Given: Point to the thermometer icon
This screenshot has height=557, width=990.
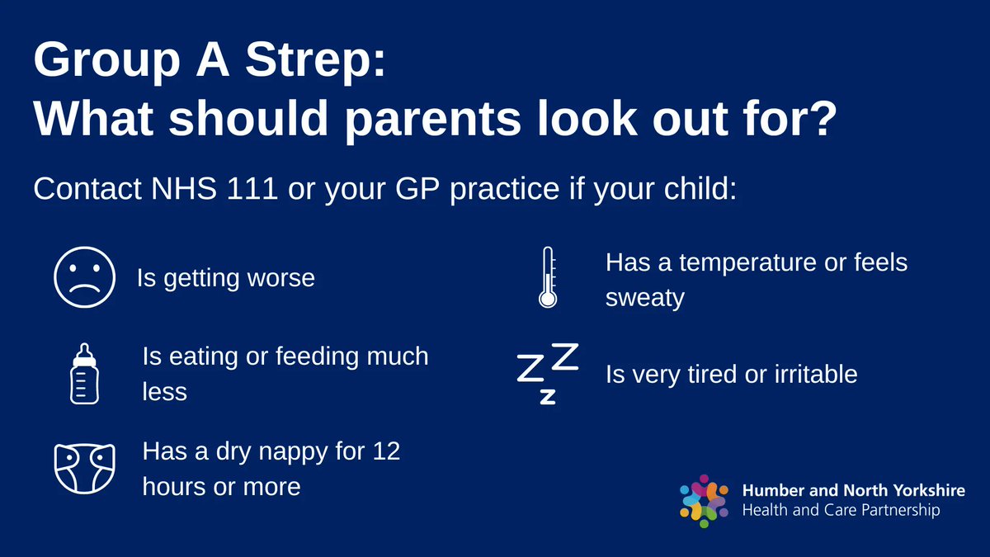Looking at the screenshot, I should pos(547,278).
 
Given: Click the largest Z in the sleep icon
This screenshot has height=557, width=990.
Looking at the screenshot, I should pos(564,356).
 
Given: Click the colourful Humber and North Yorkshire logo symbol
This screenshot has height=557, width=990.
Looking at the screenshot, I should pos(704,500).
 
